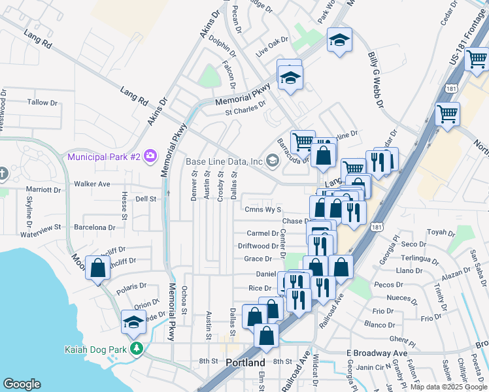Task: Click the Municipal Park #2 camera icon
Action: (x=151, y=155)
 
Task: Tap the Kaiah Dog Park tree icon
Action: (x=136, y=348)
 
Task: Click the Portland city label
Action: (x=245, y=363)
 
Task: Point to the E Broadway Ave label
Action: (x=377, y=353)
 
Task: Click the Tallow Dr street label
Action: (x=42, y=103)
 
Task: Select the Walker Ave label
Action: (x=92, y=184)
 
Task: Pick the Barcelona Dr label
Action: (x=94, y=228)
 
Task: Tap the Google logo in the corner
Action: (x=22, y=384)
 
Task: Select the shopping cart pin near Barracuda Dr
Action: (x=303, y=141)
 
